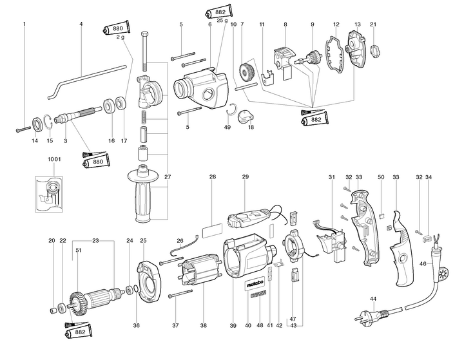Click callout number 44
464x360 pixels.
tap(373, 299)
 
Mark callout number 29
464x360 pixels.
tap(245, 176)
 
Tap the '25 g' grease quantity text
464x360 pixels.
tap(222, 21)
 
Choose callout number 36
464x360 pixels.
tap(136, 325)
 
